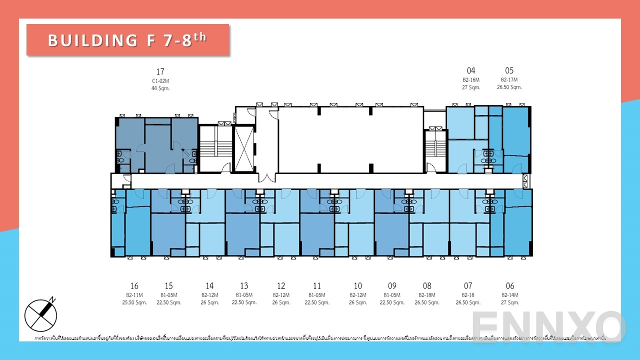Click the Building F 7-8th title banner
[x=127, y=40]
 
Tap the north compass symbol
[x=41, y=314]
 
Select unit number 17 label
[x=160, y=71]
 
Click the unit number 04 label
[x=471, y=70]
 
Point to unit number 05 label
[x=509, y=70]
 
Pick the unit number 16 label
[x=134, y=286]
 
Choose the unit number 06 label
[x=509, y=286]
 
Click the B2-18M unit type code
[x=426, y=295]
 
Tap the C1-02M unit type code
[x=160, y=80]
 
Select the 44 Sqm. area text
[x=160, y=88]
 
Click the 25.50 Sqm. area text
[x=134, y=302]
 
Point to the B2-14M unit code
[x=509, y=295]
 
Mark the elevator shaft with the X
[x=244, y=149]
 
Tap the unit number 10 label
[x=357, y=286]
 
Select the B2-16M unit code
[x=471, y=79]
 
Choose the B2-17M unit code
[x=509, y=79]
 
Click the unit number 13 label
[x=244, y=286]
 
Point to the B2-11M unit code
[x=134, y=295]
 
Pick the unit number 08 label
[x=426, y=286]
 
